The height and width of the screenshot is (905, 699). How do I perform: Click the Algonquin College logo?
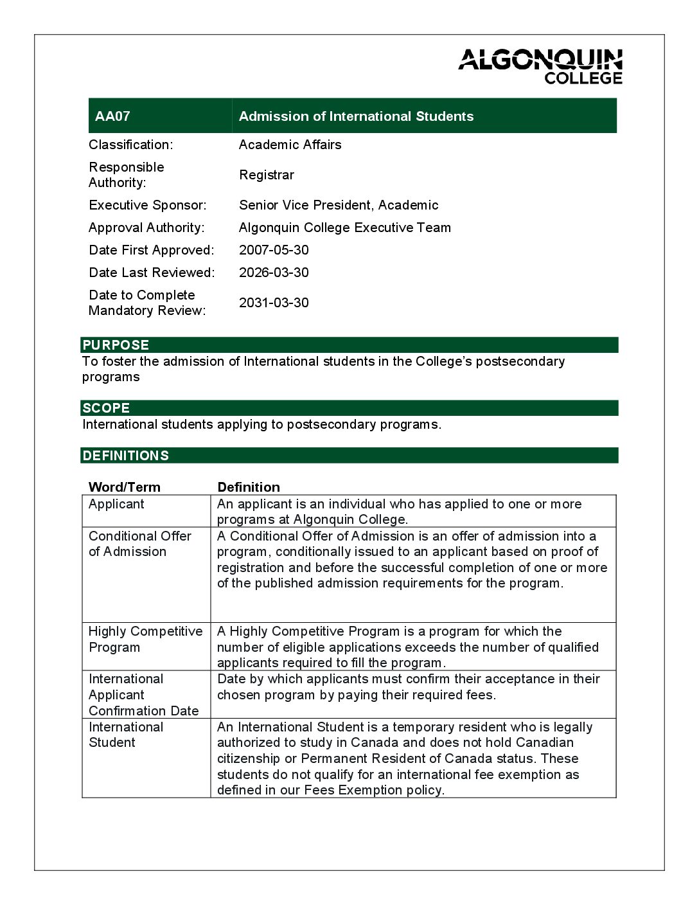[540, 66]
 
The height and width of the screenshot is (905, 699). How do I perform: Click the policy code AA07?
[112, 116]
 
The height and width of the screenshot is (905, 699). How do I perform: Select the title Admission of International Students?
[356, 116]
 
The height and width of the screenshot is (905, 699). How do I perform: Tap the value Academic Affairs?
[290, 145]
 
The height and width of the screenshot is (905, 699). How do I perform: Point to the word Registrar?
[266, 175]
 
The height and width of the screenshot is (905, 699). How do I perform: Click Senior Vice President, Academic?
[338, 205]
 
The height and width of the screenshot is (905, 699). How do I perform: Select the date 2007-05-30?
[274, 250]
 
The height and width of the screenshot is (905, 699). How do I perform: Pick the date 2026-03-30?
[274, 273]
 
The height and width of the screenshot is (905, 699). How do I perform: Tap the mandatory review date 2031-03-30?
[274, 303]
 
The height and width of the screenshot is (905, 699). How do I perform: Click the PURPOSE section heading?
[116, 345]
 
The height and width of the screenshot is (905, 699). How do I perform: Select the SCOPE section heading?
[106, 408]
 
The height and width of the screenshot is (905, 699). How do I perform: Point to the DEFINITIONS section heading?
[125, 456]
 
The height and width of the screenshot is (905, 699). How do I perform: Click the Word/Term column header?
[124, 487]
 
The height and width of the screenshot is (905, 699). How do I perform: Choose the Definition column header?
[249, 487]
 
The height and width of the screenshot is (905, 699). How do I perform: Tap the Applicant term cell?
[116, 504]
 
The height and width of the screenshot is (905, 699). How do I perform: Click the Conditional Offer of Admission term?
[139, 544]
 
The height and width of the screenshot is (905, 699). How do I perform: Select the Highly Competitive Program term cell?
[145, 639]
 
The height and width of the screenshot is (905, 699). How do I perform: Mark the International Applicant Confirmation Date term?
[143, 695]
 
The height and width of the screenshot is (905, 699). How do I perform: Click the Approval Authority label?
[146, 228]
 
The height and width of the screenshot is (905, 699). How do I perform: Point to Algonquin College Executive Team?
[344, 228]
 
